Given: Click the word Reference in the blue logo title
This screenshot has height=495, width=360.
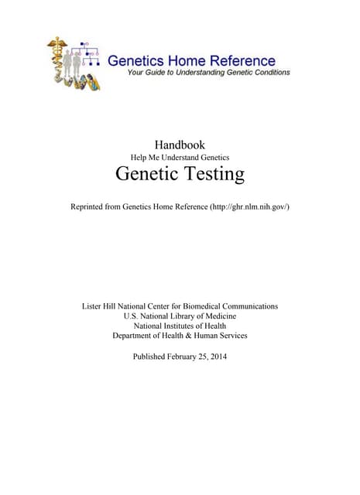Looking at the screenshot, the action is coord(241,60).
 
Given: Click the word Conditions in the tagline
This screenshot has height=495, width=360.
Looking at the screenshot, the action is coord(269,73).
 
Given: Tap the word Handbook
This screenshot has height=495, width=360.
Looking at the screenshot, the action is coord(180,144).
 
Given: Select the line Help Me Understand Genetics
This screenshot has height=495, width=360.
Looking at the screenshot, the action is coord(180,157).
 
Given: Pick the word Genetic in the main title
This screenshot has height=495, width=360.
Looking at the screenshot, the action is coord(143,174).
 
